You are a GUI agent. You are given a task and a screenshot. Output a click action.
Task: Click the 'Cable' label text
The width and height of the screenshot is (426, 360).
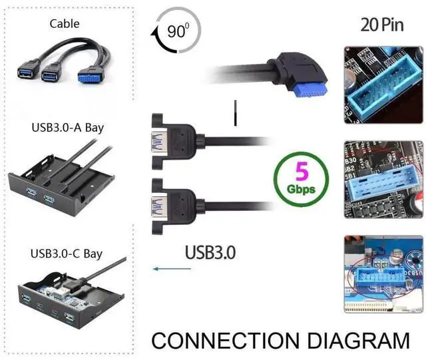[x=65, y=24]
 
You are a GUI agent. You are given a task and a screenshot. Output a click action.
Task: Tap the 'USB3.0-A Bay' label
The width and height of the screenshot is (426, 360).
[x=67, y=127]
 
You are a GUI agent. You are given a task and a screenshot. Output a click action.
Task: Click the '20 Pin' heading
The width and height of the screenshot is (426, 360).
[x=382, y=25]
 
